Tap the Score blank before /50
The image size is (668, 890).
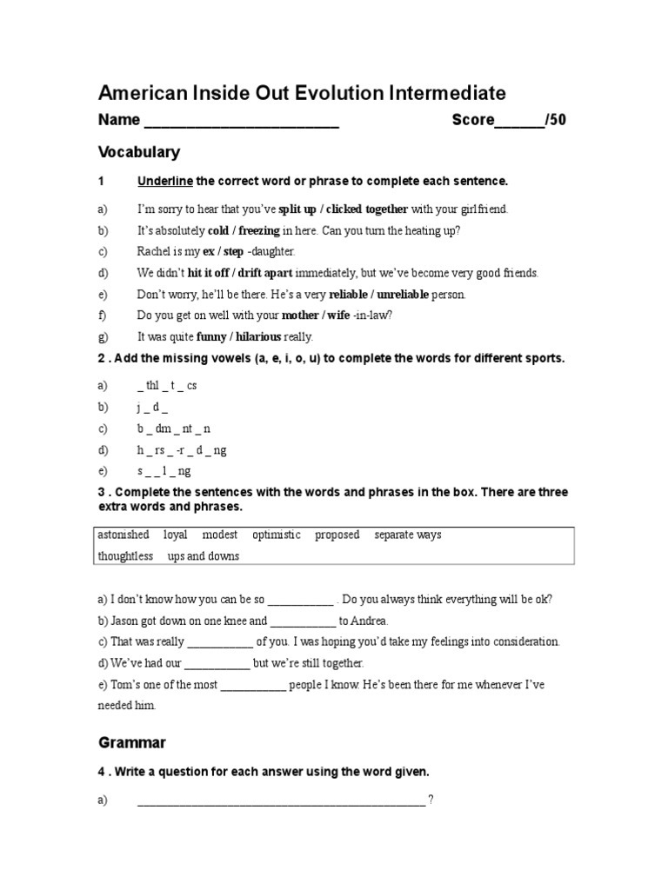tap(519, 122)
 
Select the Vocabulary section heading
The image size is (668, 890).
tap(139, 152)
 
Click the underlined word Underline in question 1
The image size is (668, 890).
tap(165, 181)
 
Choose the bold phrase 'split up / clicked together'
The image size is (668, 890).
tap(343, 209)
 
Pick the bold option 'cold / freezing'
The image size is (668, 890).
tap(244, 230)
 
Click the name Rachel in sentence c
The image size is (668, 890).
tap(156, 252)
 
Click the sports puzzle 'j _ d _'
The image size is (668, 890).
tap(152, 407)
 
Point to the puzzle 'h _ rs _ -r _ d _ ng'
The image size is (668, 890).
tap(182, 450)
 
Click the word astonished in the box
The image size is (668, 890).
tap(124, 535)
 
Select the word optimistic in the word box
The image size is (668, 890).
tap(276, 535)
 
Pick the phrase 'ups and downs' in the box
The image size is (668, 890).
tap(204, 556)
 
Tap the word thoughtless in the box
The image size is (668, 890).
tap(125, 556)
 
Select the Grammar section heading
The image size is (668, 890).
tap(131, 743)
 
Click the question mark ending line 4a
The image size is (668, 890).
tap(431, 800)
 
